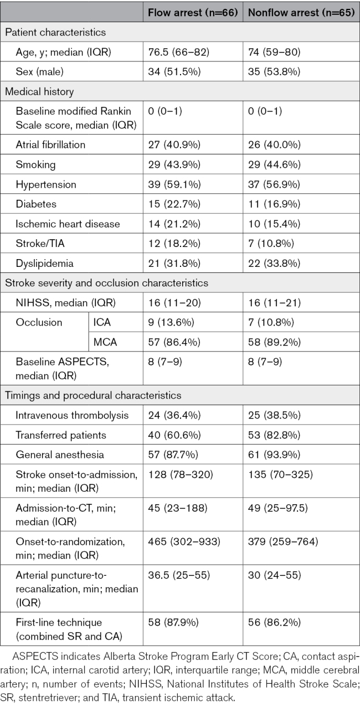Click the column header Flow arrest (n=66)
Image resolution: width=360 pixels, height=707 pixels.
pyautogui.click(x=193, y=12)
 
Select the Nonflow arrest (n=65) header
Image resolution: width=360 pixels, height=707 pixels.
pyautogui.click(x=301, y=12)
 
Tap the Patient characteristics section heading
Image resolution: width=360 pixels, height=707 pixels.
pyautogui.click(x=55, y=32)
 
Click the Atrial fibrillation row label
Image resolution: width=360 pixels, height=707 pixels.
pyautogui.click(x=50, y=145)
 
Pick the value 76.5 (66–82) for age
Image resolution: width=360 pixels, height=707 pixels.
pyautogui.click(x=179, y=51)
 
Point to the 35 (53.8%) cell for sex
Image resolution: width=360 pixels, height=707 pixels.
pyautogui.click(x=274, y=71)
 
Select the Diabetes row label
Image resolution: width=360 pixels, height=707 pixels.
pyautogui.click(x=36, y=204)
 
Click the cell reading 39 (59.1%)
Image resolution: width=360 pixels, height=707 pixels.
pyautogui.click(x=174, y=184)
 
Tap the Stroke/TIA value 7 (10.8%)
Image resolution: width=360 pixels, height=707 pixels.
pyautogui.click(x=271, y=244)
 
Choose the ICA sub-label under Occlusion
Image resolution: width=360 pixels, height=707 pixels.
pyautogui.click(x=102, y=322)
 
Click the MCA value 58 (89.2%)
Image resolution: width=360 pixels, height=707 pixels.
pyautogui.click(x=274, y=342)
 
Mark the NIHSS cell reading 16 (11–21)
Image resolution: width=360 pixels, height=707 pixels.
pyautogui.click(x=274, y=303)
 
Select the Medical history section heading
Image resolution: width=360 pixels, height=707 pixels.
pyautogui.click(x=39, y=91)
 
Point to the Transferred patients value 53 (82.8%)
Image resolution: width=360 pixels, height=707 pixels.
pyautogui.click(x=274, y=435)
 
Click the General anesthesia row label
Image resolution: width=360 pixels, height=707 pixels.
pyautogui.click(x=60, y=455)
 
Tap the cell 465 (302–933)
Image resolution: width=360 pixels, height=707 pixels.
pyautogui.click(x=184, y=541)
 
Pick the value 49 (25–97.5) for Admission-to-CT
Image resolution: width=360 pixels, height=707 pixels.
pyautogui.click(x=278, y=508)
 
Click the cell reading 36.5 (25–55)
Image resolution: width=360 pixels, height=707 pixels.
pyautogui.click(x=179, y=575)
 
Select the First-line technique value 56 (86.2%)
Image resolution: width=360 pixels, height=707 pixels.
pyautogui.click(x=274, y=622)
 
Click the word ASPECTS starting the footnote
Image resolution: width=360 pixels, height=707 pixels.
pyautogui.click(x=35, y=656)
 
